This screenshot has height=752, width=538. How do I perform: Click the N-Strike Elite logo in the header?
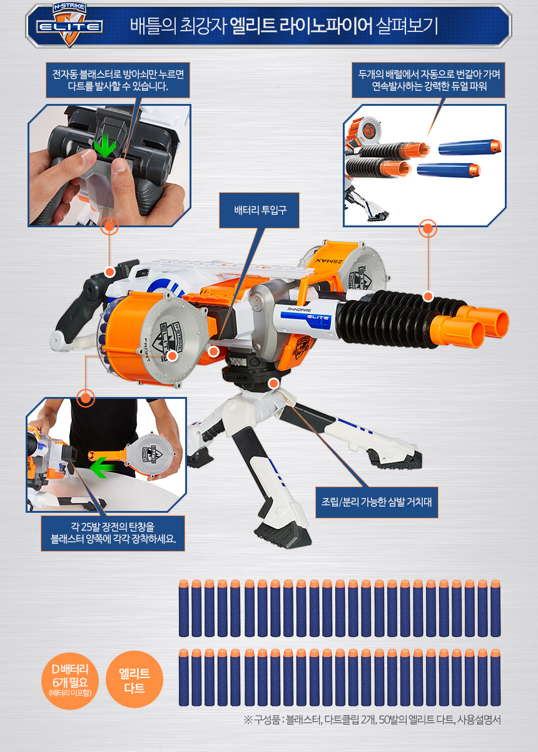pos(69,24)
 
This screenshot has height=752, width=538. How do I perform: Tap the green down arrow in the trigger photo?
pos(105,145)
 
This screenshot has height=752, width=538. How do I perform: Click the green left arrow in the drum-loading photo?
pos(102,467)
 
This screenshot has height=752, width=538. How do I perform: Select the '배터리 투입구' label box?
pos(259,210)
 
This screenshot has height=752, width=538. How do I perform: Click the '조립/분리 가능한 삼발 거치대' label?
pos(377,502)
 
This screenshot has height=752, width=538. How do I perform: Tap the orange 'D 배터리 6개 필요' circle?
pos(70,681)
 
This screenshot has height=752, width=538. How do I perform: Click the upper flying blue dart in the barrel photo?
pos(470,147)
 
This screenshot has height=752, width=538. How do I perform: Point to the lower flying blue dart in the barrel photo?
pos(449,170)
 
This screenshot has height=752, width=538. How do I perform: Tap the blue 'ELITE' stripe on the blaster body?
pos(305,317)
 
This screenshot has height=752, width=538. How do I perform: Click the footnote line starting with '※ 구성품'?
pos(372,719)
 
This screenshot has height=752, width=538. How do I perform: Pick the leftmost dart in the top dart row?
pos(184,608)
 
